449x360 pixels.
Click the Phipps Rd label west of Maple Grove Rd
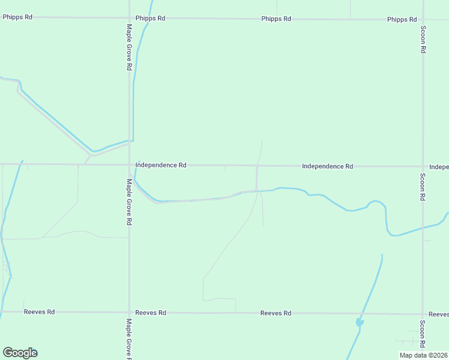(x=17, y=17)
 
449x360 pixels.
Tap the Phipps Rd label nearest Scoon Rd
(x=402, y=20)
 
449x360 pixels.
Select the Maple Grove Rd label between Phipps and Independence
(x=129, y=47)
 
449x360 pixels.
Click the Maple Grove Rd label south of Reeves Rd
(x=129, y=338)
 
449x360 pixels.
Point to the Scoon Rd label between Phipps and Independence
(x=423, y=40)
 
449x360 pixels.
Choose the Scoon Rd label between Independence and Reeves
(x=423, y=187)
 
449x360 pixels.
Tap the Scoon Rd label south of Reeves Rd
(x=423, y=334)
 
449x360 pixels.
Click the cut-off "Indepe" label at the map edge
(x=439, y=166)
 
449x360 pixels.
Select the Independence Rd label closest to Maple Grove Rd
(x=161, y=165)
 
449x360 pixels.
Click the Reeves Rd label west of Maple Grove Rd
(x=39, y=312)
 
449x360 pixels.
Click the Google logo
(x=20, y=353)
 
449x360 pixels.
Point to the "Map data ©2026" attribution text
(x=423, y=355)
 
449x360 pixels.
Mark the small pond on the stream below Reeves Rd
(x=360, y=322)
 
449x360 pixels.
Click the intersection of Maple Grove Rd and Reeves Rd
(x=129, y=313)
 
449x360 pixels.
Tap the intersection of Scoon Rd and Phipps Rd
(x=423, y=19)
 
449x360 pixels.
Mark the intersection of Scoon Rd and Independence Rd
(x=423, y=166)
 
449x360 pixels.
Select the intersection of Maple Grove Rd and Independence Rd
(x=129, y=164)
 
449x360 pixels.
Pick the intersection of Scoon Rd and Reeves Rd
(x=423, y=314)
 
